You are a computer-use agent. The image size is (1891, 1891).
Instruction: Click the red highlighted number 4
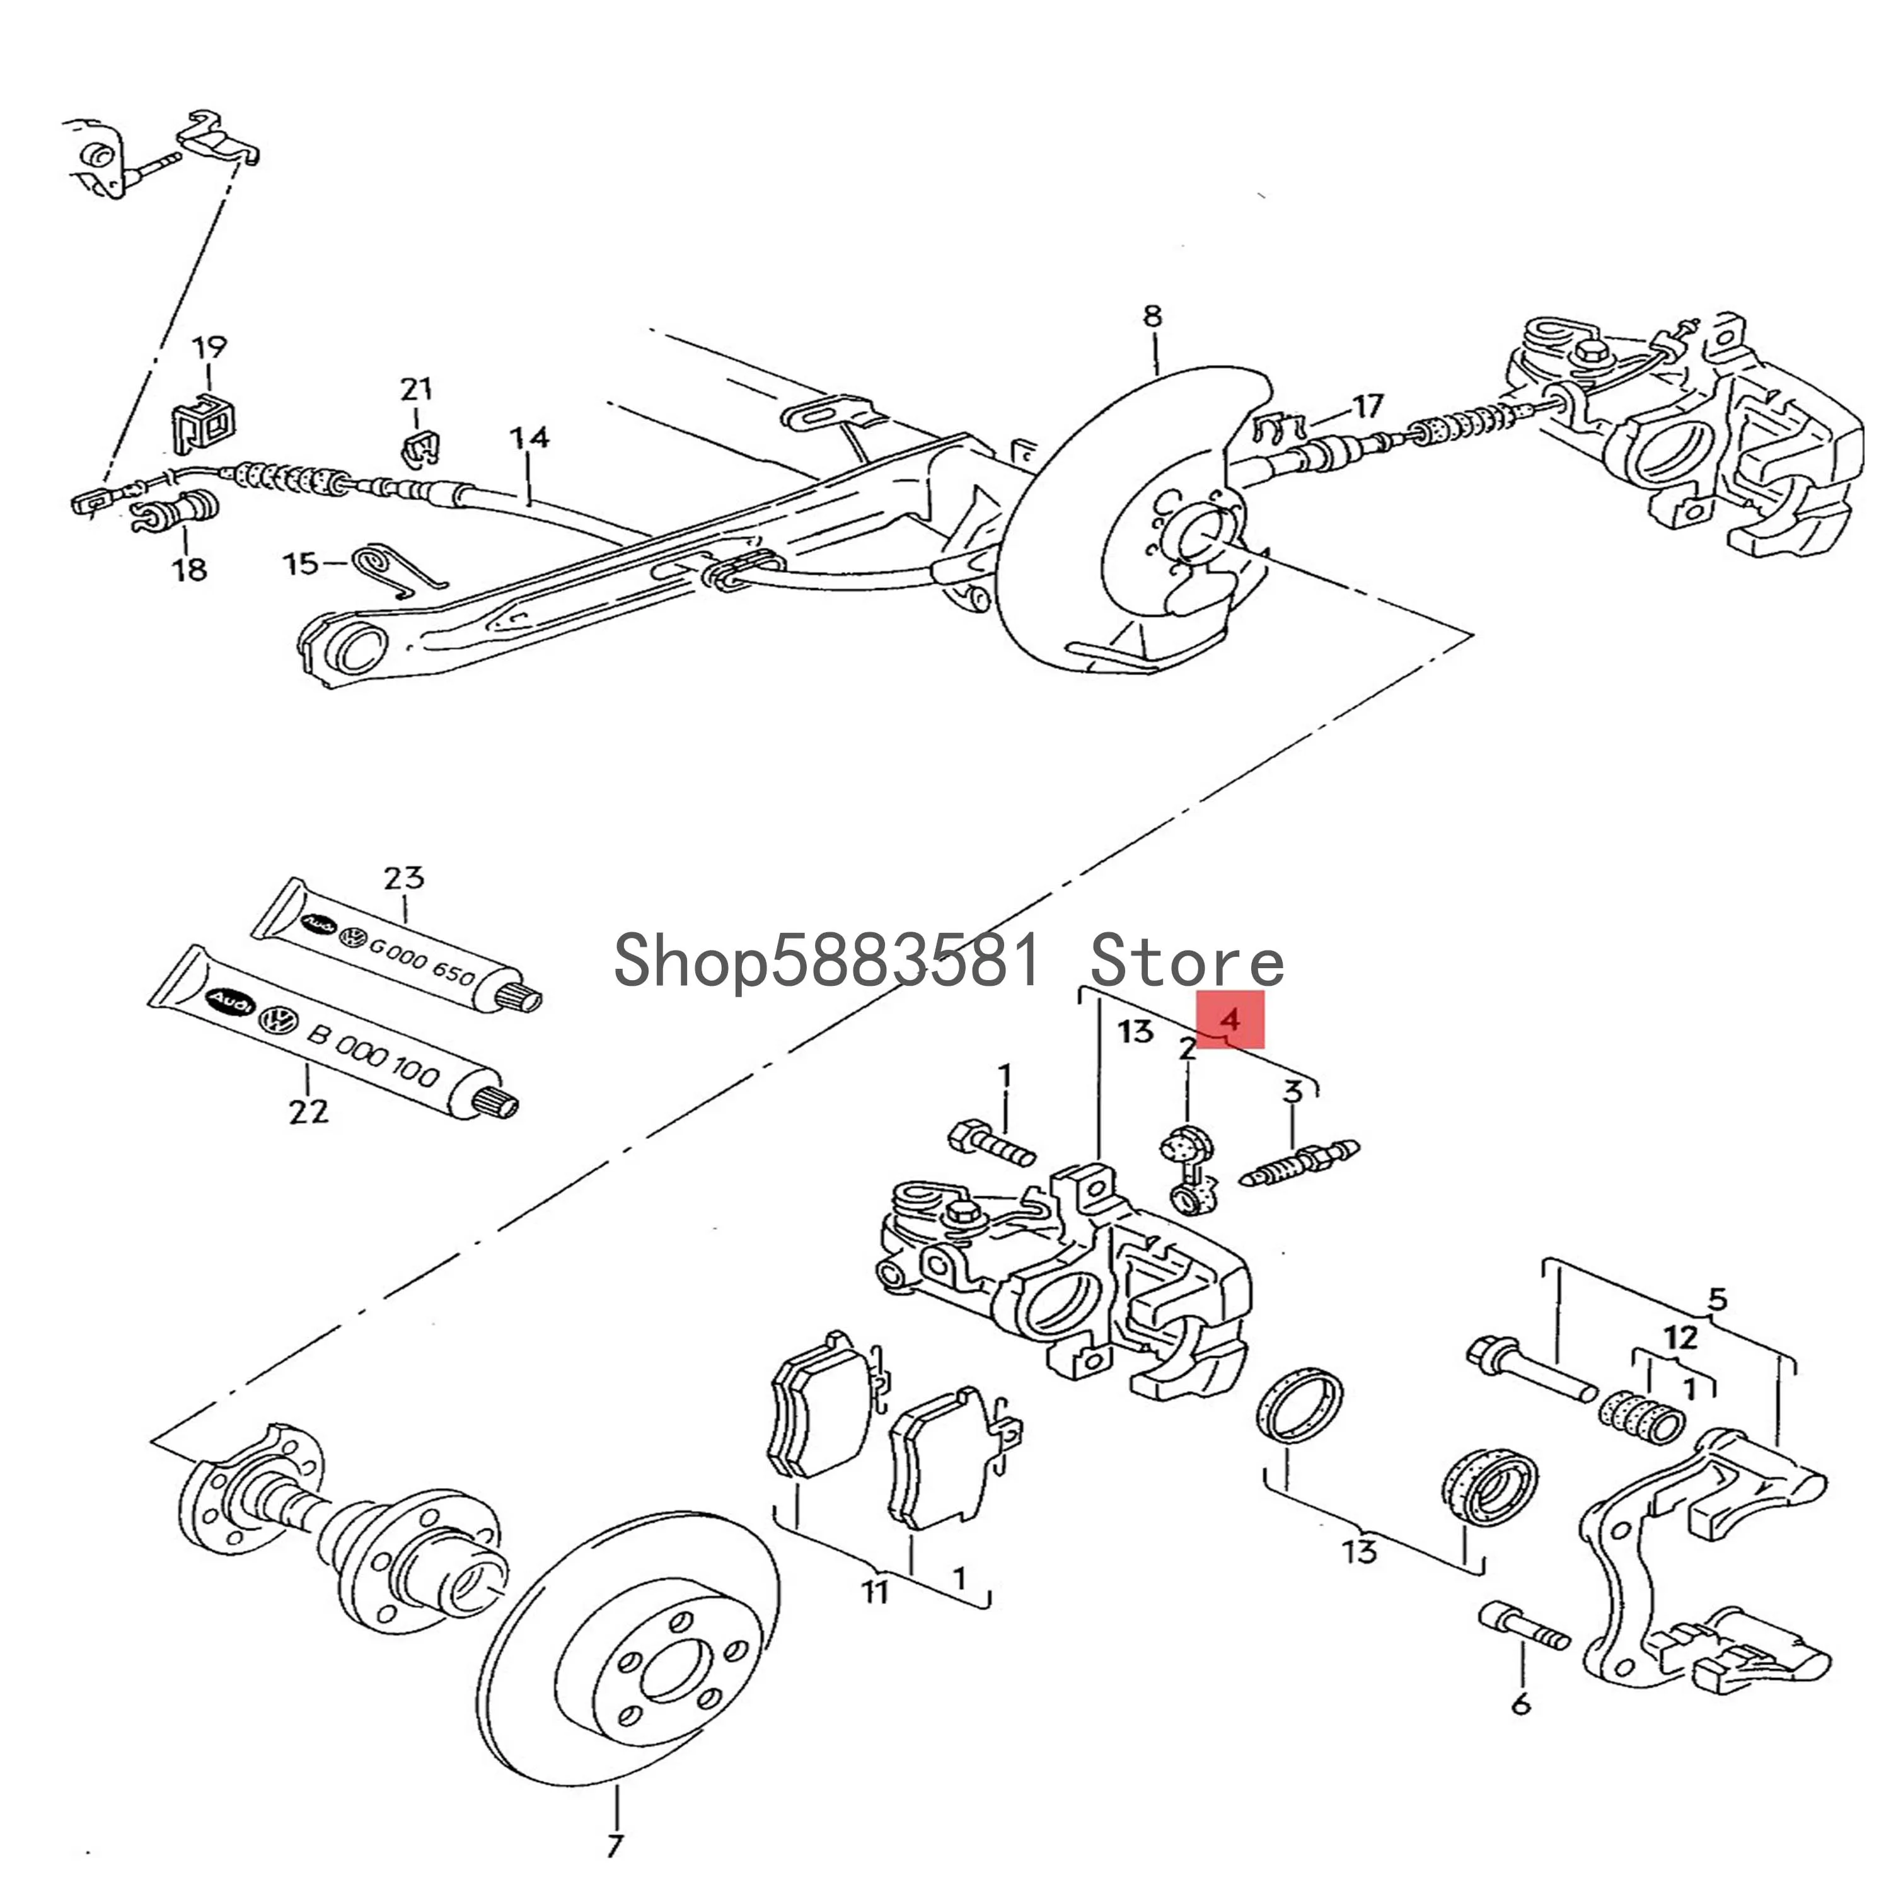(x=1230, y=1020)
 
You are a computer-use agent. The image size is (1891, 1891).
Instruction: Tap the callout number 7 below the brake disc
(x=614, y=1846)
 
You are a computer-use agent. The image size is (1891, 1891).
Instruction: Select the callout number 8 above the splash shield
(x=1152, y=316)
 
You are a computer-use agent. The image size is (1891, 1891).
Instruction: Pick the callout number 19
(x=209, y=347)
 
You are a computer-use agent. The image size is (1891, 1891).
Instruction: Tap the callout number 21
(x=416, y=390)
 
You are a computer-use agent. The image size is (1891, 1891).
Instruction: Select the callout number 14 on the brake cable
(x=529, y=437)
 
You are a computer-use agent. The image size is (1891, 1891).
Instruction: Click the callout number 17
(x=1367, y=404)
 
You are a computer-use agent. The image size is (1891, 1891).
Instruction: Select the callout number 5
(x=1718, y=1300)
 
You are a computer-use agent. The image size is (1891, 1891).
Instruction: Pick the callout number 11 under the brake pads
(x=874, y=1592)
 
